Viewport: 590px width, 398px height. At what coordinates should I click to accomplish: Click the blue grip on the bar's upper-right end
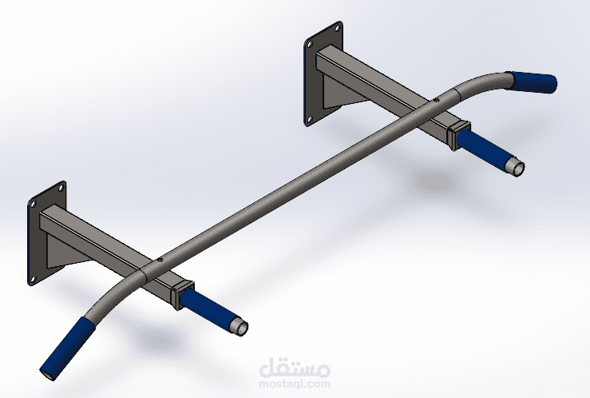tap(533, 82)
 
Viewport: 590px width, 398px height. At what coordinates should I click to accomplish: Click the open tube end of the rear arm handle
tap(517, 169)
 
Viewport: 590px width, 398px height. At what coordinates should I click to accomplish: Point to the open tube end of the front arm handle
tap(240, 326)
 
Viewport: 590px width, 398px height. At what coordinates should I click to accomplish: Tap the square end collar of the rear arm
tap(458, 131)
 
